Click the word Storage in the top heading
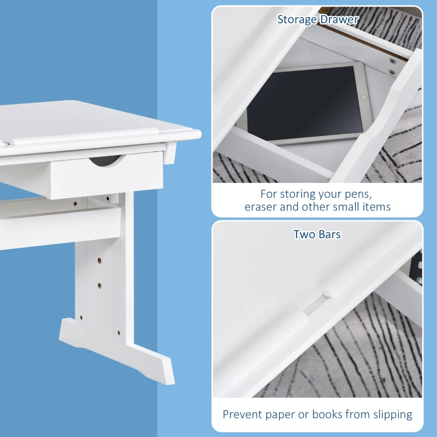pyautogui.click(x=297, y=20)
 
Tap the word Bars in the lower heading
pyautogui.click(x=329, y=234)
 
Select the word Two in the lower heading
pyautogui.click(x=303, y=234)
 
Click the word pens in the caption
pyautogui.click(x=361, y=193)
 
